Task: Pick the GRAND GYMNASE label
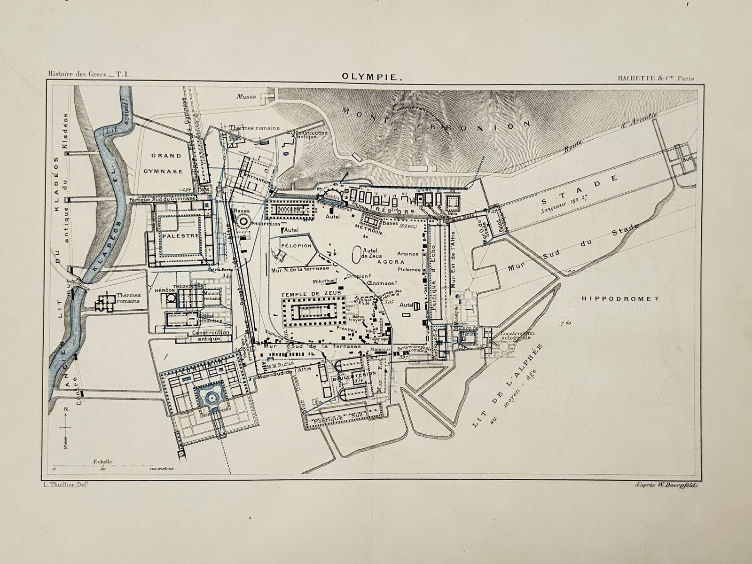pyautogui.click(x=166, y=163)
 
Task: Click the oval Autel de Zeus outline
pyautogui.click(x=356, y=255)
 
